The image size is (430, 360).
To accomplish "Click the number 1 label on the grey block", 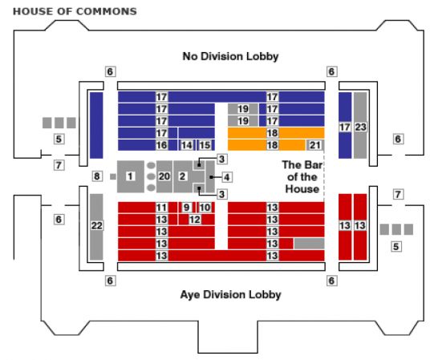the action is [x=130, y=176].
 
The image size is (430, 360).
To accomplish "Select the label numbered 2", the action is [x=182, y=176].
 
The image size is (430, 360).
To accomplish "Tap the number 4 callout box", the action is [x=227, y=177].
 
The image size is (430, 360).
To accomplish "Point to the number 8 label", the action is [x=97, y=176].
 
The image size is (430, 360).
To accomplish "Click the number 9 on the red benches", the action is [x=186, y=208].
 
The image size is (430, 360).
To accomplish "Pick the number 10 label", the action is [x=205, y=208].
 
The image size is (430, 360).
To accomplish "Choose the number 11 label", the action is [x=161, y=208].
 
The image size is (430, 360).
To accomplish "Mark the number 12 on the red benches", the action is [x=195, y=220].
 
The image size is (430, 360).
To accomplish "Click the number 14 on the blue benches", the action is [x=186, y=145].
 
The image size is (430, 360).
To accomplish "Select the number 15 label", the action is [x=205, y=145].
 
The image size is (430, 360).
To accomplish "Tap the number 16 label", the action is [x=161, y=145].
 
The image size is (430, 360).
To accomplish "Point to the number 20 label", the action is [x=164, y=176].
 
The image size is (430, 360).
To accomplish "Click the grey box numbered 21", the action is [x=314, y=145].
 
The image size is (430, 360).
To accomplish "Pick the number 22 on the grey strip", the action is [x=97, y=225].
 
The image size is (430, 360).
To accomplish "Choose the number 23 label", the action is [x=360, y=127].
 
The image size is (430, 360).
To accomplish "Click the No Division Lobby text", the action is [x=230, y=56].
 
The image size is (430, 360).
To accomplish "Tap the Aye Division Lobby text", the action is [x=230, y=295].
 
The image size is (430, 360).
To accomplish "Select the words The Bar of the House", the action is [x=302, y=177].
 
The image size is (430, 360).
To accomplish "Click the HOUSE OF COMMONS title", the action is [x=75, y=11].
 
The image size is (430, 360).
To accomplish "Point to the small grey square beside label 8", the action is [x=112, y=177].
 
